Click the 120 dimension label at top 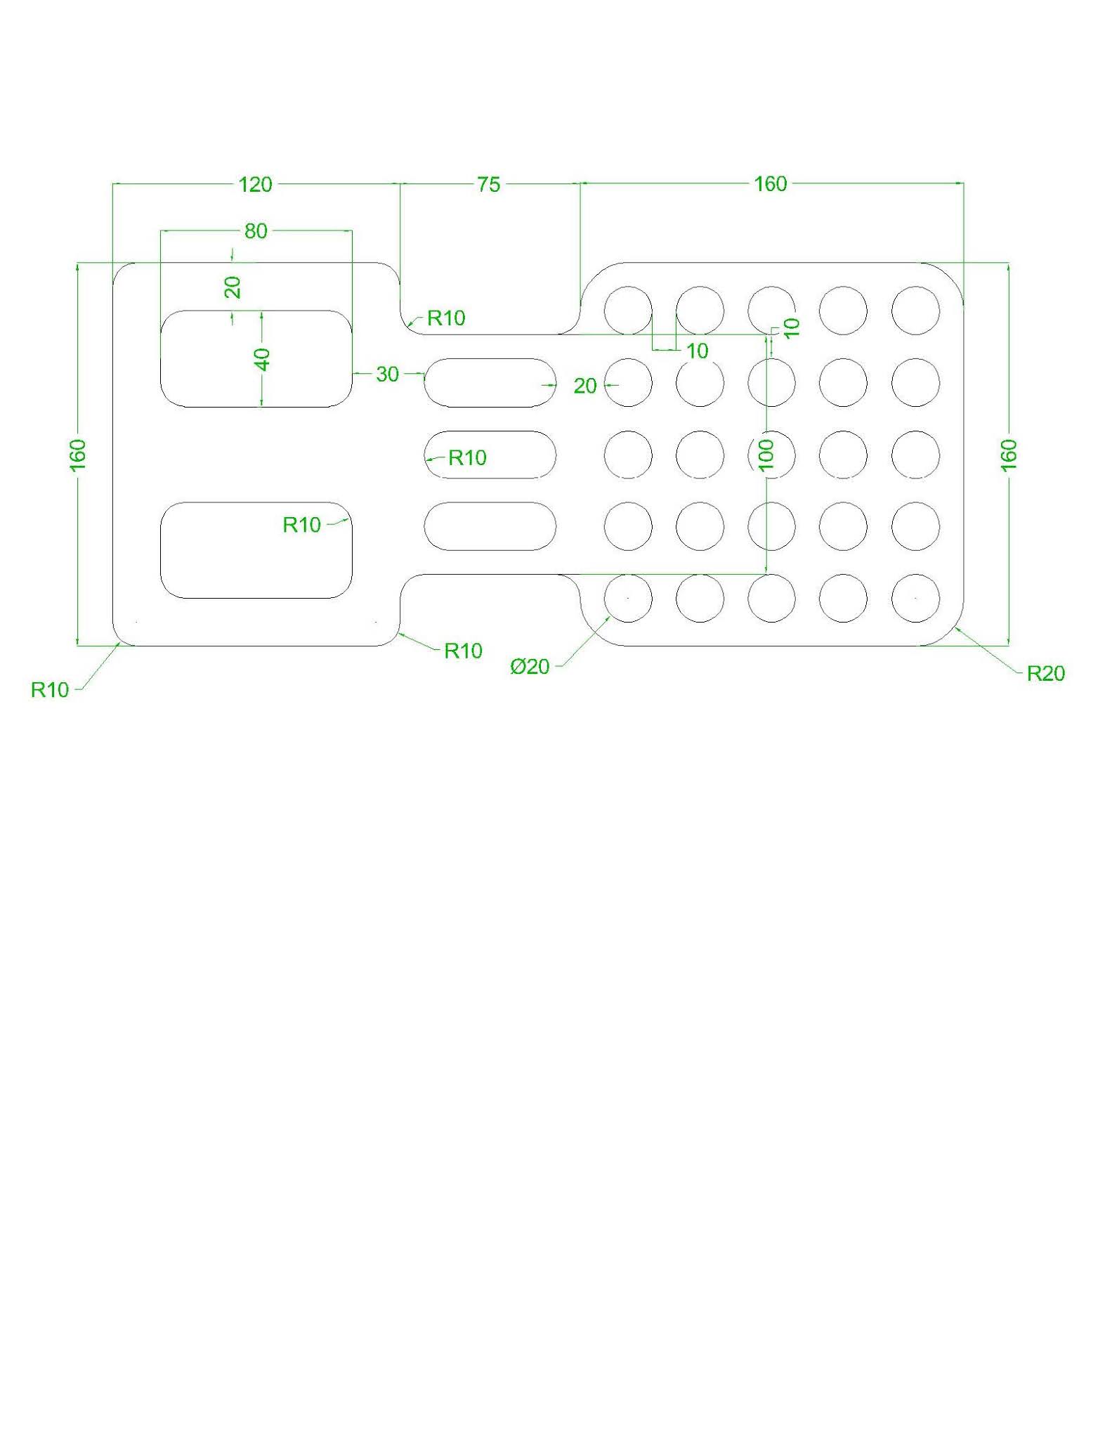tap(255, 185)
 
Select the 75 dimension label tap(488, 185)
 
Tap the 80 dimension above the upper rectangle tap(256, 231)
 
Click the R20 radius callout tap(1045, 674)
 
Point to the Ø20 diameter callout tap(530, 667)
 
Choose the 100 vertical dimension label tap(766, 455)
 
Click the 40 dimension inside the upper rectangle tap(262, 360)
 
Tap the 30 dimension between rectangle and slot tap(387, 375)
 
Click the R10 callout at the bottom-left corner tap(50, 690)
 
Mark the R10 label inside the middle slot tap(467, 458)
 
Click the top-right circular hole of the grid tap(915, 311)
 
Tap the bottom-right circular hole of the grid tap(915, 598)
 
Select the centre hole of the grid tap(771, 455)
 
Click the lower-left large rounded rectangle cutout tap(256, 550)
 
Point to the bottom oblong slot tap(490, 526)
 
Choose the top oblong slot tap(490, 382)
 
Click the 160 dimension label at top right tap(770, 184)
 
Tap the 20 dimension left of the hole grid tap(584, 386)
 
